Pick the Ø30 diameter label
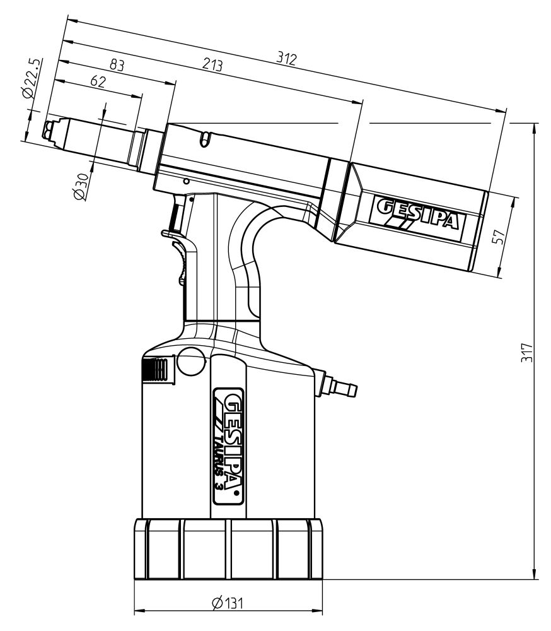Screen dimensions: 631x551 (x=80, y=186)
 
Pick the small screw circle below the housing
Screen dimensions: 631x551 (x=185, y=181)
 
